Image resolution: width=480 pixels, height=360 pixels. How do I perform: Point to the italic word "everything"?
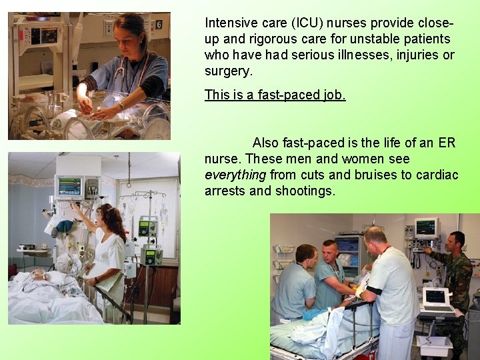235,175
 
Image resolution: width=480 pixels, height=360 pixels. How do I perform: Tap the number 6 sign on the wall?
159,25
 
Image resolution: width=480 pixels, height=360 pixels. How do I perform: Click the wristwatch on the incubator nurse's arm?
121,105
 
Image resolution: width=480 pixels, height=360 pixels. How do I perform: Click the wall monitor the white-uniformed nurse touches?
69,187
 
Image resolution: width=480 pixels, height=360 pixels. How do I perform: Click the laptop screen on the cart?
435,296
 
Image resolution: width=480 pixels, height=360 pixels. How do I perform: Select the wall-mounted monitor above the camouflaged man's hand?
425,227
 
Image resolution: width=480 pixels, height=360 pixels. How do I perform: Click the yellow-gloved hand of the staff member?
361,291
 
